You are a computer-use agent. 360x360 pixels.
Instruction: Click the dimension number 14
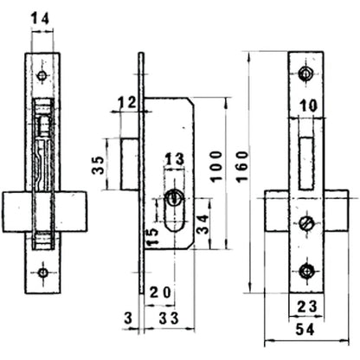41,17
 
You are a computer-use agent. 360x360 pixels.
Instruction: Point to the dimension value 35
98,164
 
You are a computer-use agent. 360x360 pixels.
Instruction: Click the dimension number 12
126,104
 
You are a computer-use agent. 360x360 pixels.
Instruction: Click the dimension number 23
305,305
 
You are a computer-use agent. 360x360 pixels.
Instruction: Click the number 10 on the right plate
305,106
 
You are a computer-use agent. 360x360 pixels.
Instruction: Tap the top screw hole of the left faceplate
42,77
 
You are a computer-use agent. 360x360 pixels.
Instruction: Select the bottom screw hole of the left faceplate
42,273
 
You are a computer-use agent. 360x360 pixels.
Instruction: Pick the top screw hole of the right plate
304,74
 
